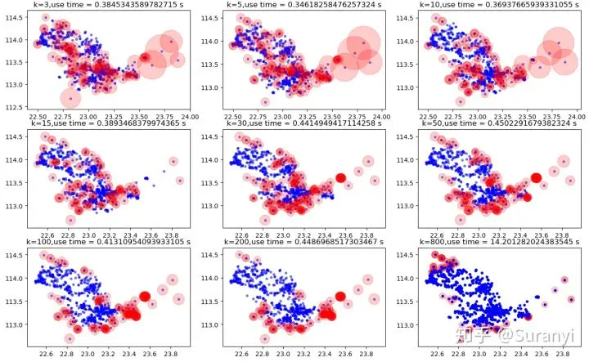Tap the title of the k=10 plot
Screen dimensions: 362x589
pos(496,6)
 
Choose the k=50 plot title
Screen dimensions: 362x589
pos(496,123)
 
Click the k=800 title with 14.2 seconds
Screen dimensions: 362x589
pos(496,242)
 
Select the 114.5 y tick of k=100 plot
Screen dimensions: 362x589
pos(16,256)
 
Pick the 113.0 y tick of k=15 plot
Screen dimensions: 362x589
pos(16,207)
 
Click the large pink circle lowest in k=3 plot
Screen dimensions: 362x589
pos(70,99)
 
